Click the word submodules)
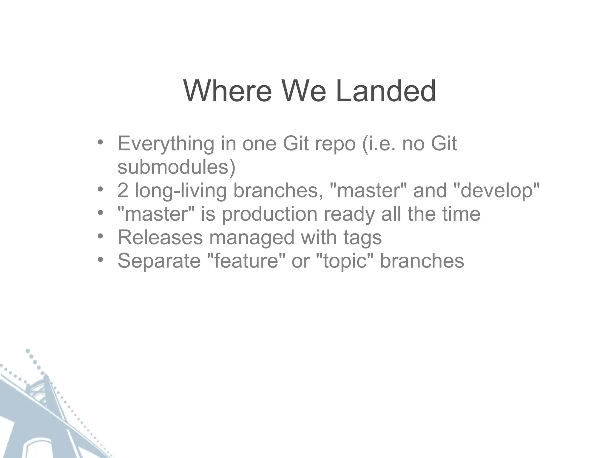176,167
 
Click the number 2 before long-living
123,191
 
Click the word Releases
160,238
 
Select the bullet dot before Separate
100,260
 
